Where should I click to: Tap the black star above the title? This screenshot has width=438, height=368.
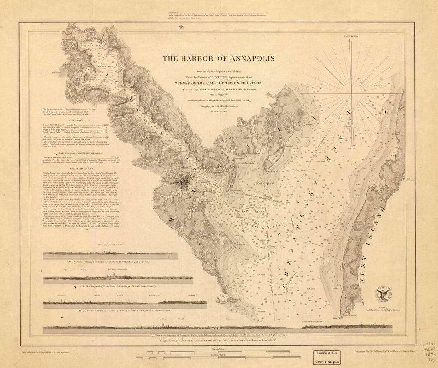click(x=181, y=27)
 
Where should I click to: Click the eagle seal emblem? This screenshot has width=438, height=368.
click(x=384, y=294)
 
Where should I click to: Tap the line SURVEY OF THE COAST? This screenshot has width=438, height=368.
click(x=218, y=83)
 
